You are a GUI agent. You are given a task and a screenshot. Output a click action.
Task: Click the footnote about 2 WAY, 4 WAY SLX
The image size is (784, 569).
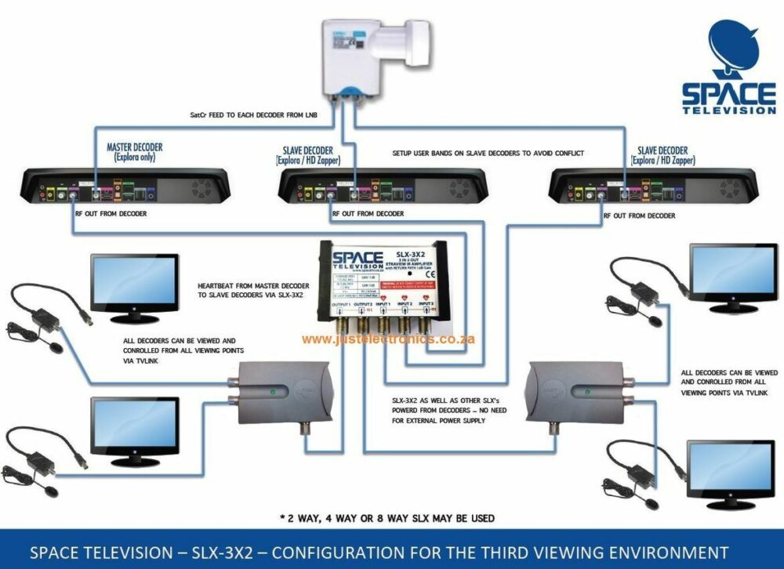pyautogui.click(x=387, y=518)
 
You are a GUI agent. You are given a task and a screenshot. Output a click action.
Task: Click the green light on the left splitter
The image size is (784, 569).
pyautogui.click(x=271, y=391)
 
